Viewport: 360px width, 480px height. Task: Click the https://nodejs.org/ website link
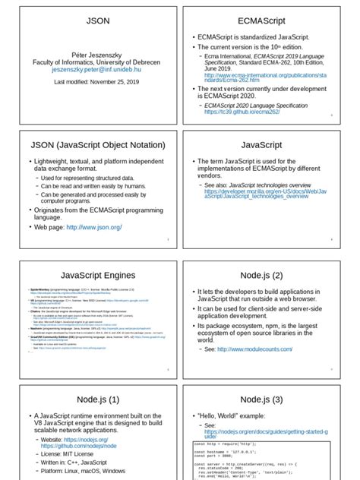click(88, 440)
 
